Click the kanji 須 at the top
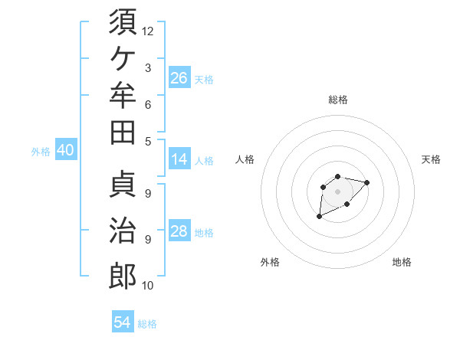pos(123,21)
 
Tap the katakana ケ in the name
pos(123,59)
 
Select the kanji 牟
pos(123,95)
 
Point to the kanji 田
pos(123,133)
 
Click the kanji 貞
pos(123,184)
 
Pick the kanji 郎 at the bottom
pos(123,276)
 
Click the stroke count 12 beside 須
pos(147,31)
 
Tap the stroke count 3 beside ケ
pos(148,68)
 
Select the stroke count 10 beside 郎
pos(147,286)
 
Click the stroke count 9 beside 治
pos(148,240)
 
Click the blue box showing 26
pos(179,77)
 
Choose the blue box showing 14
pos(179,159)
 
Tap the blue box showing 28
pos(179,230)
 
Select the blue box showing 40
pos(66,149)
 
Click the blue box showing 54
pos(123,321)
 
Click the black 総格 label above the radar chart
pos(338,100)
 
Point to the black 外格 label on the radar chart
pos(270,262)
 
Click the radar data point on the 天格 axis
pos(366,182)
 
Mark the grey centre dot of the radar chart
pos(337,191)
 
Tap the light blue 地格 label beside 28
pos(204,233)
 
